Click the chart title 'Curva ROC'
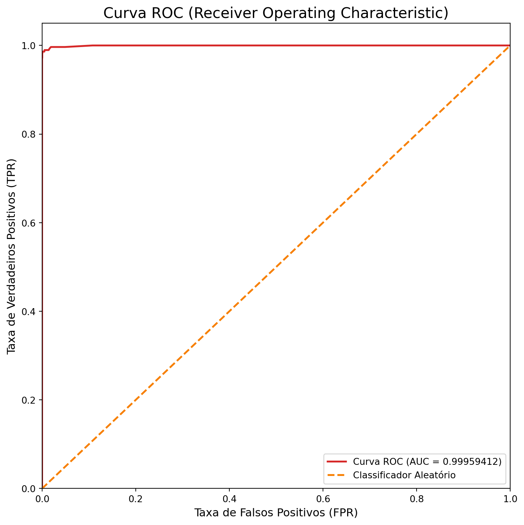click(x=276, y=13)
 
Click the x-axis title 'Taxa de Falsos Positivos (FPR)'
click(x=276, y=513)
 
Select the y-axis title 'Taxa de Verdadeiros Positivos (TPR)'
click(x=12, y=256)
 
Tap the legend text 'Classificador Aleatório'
click(x=404, y=475)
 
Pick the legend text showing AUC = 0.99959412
click(x=427, y=462)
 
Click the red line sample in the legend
click(x=337, y=462)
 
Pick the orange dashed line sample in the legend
click(x=337, y=475)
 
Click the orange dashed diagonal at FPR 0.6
click(x=323, y=223)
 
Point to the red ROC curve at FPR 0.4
click(x=229, y=45)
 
